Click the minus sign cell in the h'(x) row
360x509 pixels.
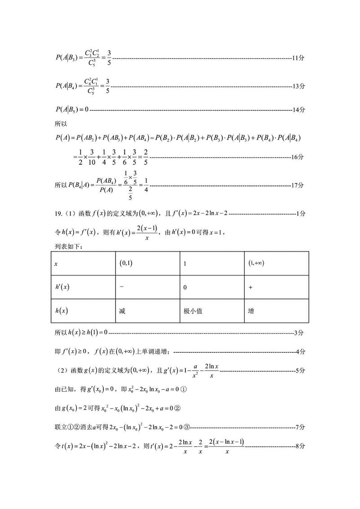click(x=122, y=287)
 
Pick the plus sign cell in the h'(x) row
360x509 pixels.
click(x=250, y=287)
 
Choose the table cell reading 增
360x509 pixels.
click(x=251, y=311)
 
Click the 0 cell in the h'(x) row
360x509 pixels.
click(x=185, y=287)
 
